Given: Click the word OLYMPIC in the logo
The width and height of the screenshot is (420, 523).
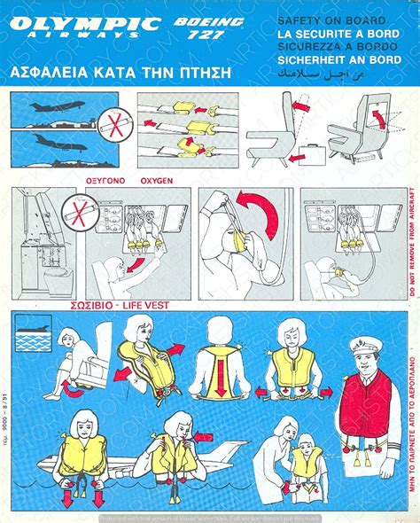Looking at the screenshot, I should tap(80, 20).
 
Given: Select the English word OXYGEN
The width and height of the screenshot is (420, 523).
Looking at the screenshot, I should tap(155, 180).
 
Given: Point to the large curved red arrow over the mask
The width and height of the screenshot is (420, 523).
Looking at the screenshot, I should tap(244, 214).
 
